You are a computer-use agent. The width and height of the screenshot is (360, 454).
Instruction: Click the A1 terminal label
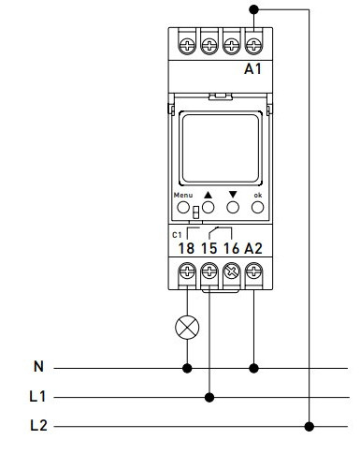point(253,68)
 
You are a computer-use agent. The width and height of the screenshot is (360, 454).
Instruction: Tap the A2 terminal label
point(253,249)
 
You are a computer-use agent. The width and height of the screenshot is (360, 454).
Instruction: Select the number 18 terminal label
point(187,249)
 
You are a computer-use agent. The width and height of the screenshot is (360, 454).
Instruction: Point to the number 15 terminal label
point(209,249)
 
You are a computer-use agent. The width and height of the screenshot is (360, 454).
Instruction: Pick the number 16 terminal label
point(231,249)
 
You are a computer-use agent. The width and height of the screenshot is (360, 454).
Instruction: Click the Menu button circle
point(183,209)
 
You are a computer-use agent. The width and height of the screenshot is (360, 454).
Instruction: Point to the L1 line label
point(36,397)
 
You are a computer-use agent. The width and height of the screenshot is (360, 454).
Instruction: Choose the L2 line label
point(37,427)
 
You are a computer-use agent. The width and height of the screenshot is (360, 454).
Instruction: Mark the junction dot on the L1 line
point(209,397)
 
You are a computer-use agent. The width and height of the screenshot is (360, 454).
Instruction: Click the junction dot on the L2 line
point(310,427)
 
